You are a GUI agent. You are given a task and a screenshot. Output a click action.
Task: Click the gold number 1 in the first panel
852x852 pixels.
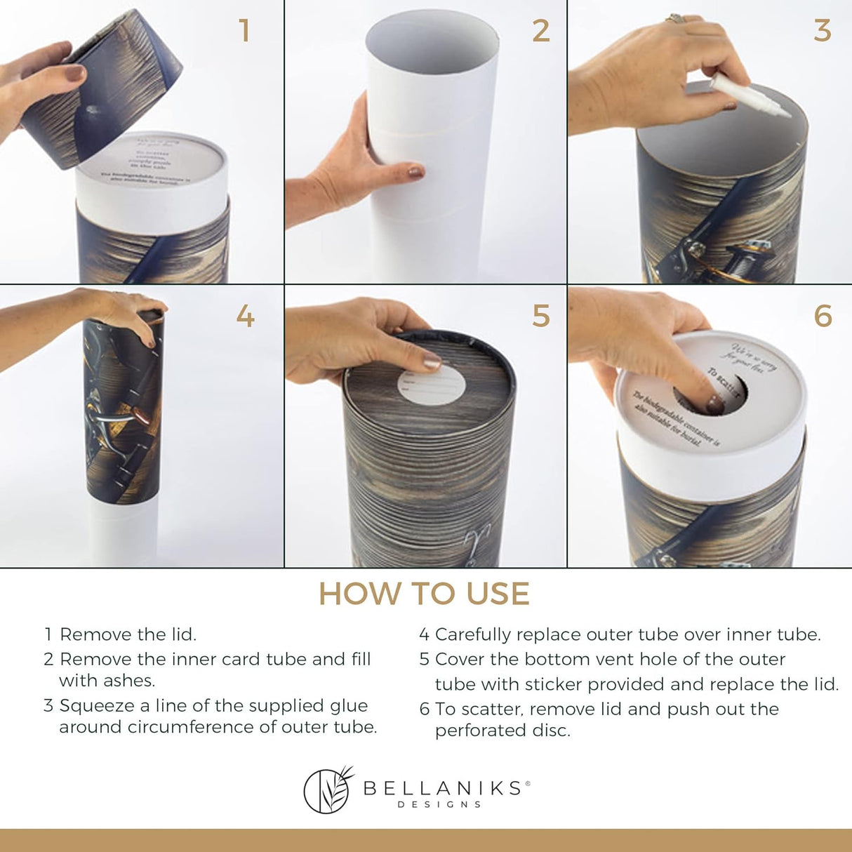pyautogui.click(x=244, y=32)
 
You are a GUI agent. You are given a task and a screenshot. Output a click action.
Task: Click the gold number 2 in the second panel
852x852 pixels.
pyautogui.click(x=540, y=32)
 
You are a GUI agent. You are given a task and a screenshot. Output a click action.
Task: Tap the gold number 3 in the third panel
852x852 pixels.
pyautogui.click(x=822, y=32)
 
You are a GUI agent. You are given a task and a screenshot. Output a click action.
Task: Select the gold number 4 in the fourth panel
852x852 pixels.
pyautogui.click(x=245, y=317)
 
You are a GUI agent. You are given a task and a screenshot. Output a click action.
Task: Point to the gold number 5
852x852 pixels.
pyautogui.click(x=540, y=317)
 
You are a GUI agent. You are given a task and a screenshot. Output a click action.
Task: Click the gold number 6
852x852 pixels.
pyautogui.click(x=823, y=317)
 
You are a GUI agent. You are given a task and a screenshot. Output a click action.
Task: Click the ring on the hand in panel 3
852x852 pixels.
pyautogui.click(x=677, y=18)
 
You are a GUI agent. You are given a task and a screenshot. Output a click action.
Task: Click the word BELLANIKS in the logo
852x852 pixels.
pyautogui.click(x=442, y=788)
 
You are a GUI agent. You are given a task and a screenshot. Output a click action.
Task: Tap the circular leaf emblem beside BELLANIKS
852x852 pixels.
pyautogui.click(x=327, y=790)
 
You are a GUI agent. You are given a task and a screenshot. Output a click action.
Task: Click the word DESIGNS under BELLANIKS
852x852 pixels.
pyautogui.click(x=439, y=804)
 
